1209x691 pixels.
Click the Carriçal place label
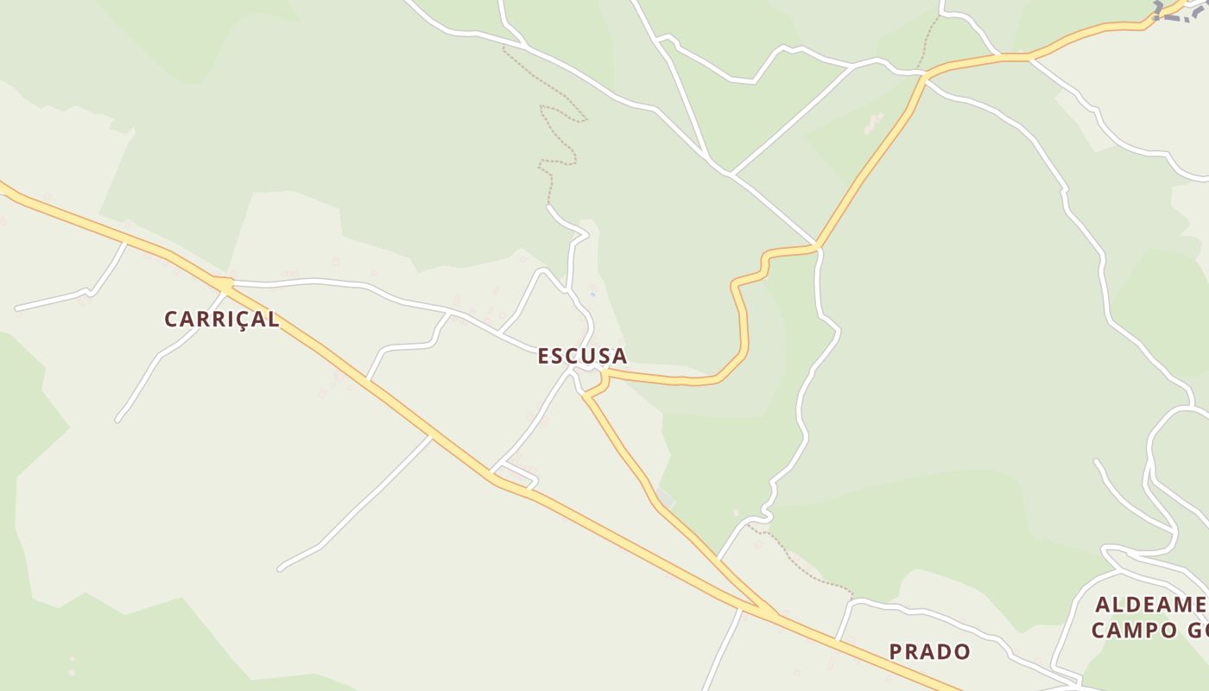222,319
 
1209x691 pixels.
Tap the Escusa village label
582,356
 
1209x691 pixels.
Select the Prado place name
930,651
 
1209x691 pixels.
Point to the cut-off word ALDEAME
1150,605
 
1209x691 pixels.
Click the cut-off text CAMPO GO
1149,630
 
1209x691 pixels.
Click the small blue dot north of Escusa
592,295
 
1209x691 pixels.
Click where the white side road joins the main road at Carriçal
225,282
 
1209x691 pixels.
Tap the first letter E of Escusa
544,356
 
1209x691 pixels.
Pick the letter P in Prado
896,651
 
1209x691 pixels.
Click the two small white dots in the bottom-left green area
72,665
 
